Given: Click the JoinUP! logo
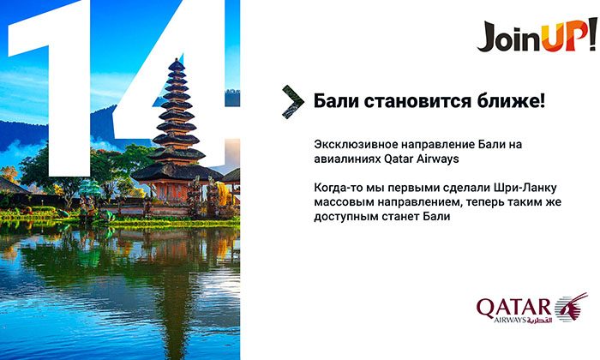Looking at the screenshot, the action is pyautogui.click(x=537, y=34).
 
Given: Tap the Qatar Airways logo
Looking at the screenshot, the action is pyautogui.click(x=532, y=309).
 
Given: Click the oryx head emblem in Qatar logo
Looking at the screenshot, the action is pyautogui.click(x=572, y=307).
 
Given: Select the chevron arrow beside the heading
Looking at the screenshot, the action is pyautogui.click(x=293, y=102).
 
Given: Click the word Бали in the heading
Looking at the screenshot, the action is pyautogui.click(x=335, y=101).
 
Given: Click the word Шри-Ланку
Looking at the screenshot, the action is pyautogui.click(x=525, y=188).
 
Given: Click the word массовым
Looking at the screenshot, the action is pyautogui.click(x=341, y=202).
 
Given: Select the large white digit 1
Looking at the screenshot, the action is pyautogui.click(x=50, y=88).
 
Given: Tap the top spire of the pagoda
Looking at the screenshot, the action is pyautogui.click(x=176, y=62).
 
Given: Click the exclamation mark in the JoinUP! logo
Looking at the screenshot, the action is pyautogui.click(x=592, y=33).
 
